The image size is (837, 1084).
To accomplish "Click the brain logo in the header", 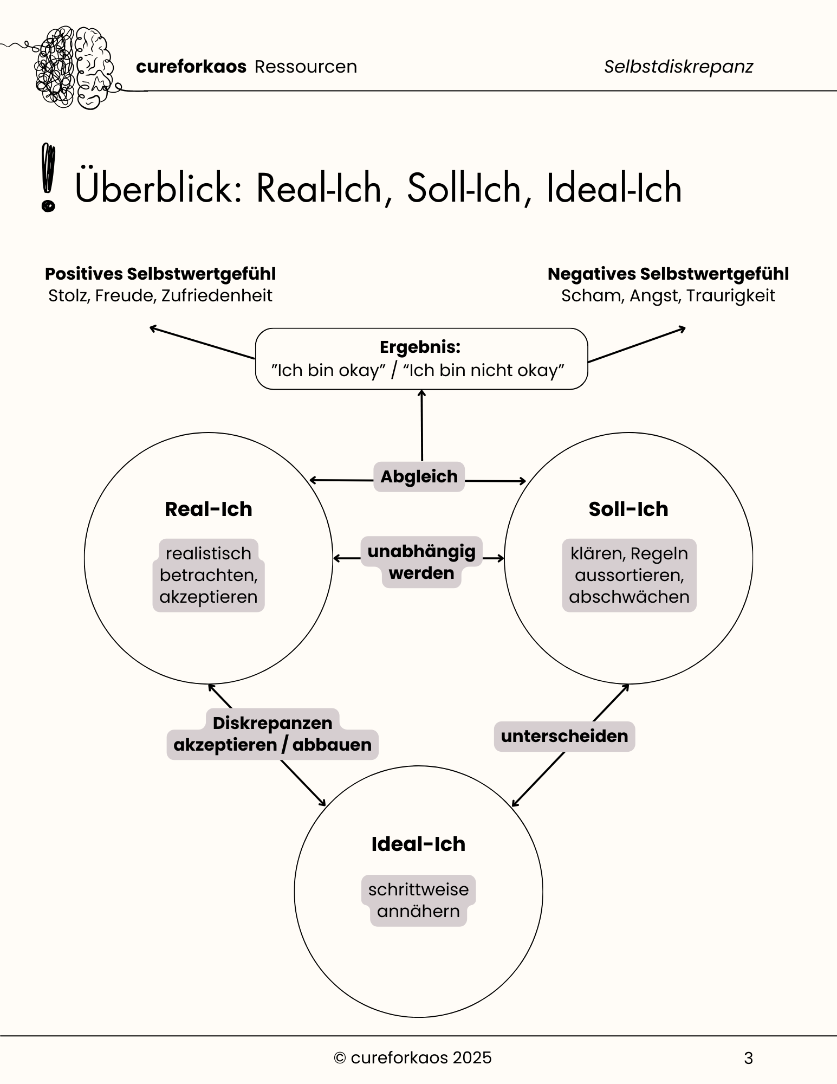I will (x=73, y=68).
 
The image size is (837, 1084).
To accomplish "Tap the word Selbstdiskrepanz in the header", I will (x=678, y=67).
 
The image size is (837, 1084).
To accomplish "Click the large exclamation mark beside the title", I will (x=48, y=177).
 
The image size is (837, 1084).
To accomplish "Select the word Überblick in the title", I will (x=158, y=188).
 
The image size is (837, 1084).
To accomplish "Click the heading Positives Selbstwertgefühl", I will (x=160, y=274).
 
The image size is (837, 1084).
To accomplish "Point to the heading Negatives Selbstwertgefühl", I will (x=668, y=274).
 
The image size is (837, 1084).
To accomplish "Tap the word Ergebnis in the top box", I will (x=420, y=347).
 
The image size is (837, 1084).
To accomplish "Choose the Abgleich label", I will (x=419, y=477).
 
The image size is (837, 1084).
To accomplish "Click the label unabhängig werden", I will (x=421, y=562).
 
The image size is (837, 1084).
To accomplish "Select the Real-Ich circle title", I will (x=209, y=509).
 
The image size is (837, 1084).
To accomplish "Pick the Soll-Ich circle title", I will (x=628, y=509).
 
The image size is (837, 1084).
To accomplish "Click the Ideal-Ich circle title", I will (x=418, y=844).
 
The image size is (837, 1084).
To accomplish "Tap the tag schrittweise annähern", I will (x=418, y=900).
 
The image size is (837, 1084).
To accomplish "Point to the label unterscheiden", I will (x=565, y=736).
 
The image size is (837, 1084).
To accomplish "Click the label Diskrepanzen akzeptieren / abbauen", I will (x=272, y=734).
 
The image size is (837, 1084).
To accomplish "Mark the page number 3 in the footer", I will (x=748, y=1058).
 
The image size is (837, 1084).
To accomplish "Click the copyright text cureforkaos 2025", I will (x=413, y=1057).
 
